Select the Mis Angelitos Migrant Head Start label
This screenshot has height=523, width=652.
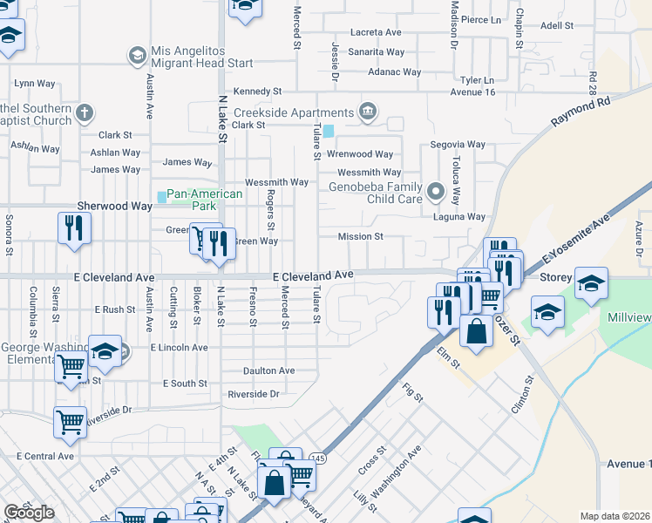tap(202, 57)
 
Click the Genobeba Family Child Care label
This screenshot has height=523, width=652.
tap(375, 192)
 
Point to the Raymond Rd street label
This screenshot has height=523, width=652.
tap(580, 114)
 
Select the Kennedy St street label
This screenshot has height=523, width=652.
tap(258, 91)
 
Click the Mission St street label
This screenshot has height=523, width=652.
tap(362, 236)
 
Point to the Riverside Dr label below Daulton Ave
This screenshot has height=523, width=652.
tap(253, 394)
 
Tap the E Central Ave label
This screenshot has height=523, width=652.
tap(45, 456)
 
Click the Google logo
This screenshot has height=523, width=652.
tap(29, 513)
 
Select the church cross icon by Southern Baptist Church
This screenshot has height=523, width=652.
tap(84, 112)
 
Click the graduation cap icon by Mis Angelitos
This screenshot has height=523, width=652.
tap(137, 57)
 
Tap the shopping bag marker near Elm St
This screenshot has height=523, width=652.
tap(476, 331)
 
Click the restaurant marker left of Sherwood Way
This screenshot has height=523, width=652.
tap(74, 228)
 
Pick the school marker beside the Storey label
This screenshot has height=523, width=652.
tap(591, 282)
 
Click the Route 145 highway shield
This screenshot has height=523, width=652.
tap(316, 458)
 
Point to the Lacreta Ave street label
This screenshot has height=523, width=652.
tap(376, 32)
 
